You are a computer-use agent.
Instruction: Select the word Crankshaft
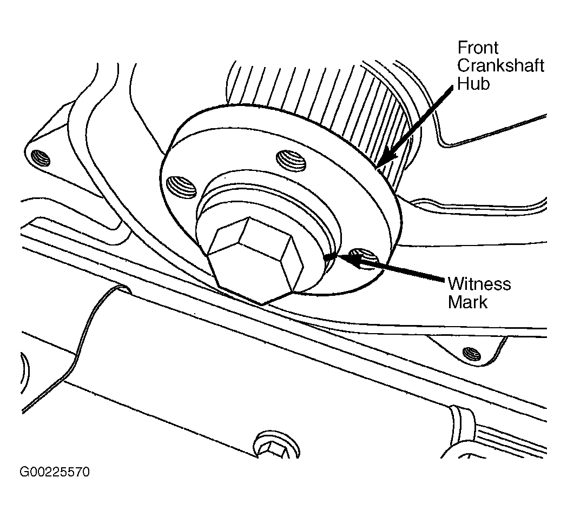(500, 66)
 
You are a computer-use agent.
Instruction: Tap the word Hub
(473, 84)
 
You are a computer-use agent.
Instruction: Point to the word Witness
(479, 284)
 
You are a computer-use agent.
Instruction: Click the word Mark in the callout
(468, 302)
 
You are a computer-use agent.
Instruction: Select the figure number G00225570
(55, 473)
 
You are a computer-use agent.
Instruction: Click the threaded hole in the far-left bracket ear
(41, 157)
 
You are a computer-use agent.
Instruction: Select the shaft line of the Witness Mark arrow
(400, 270)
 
